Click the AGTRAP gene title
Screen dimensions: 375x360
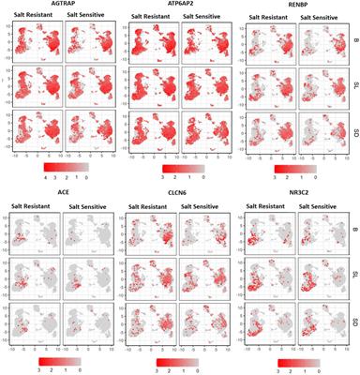point(54,5)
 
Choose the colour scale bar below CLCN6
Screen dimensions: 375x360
point(175,357)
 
